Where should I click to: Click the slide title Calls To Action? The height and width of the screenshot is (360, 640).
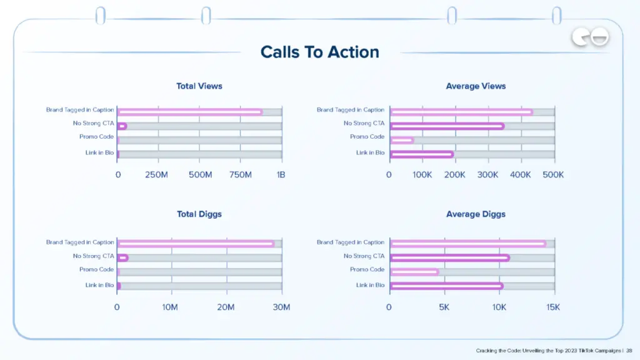[319, 52]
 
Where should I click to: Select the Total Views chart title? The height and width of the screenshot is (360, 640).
[199, 86]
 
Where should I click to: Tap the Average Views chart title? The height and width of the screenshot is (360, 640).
[476, 86]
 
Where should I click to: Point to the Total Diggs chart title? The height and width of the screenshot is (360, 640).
[199, 214]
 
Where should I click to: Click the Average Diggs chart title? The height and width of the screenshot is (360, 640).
[476, 214]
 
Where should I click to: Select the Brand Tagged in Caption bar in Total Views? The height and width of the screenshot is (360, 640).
[189, 112]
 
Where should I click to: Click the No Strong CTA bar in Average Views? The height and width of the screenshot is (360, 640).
[447, 126]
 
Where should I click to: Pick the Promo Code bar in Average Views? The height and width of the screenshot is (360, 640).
[402, 139]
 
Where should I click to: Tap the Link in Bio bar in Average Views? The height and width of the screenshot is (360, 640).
[422, 154]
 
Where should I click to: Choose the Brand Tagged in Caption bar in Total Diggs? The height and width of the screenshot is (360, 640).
[196, 244]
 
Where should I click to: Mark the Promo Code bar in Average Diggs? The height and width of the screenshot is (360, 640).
[414, 272]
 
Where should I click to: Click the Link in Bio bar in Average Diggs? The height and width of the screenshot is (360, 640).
[446, 286]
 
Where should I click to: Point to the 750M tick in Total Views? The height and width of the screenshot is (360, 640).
[240, 175]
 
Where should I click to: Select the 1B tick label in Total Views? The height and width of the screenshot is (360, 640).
[281, 175]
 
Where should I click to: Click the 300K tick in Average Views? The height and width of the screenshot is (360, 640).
[487, 175]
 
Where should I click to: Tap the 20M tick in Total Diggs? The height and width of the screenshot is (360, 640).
[226, 307]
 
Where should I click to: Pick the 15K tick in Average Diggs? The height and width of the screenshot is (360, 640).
[553, 307]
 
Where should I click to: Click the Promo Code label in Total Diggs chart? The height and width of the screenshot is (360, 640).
[96, 269]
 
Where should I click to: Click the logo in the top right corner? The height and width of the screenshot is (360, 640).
[589, 39]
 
